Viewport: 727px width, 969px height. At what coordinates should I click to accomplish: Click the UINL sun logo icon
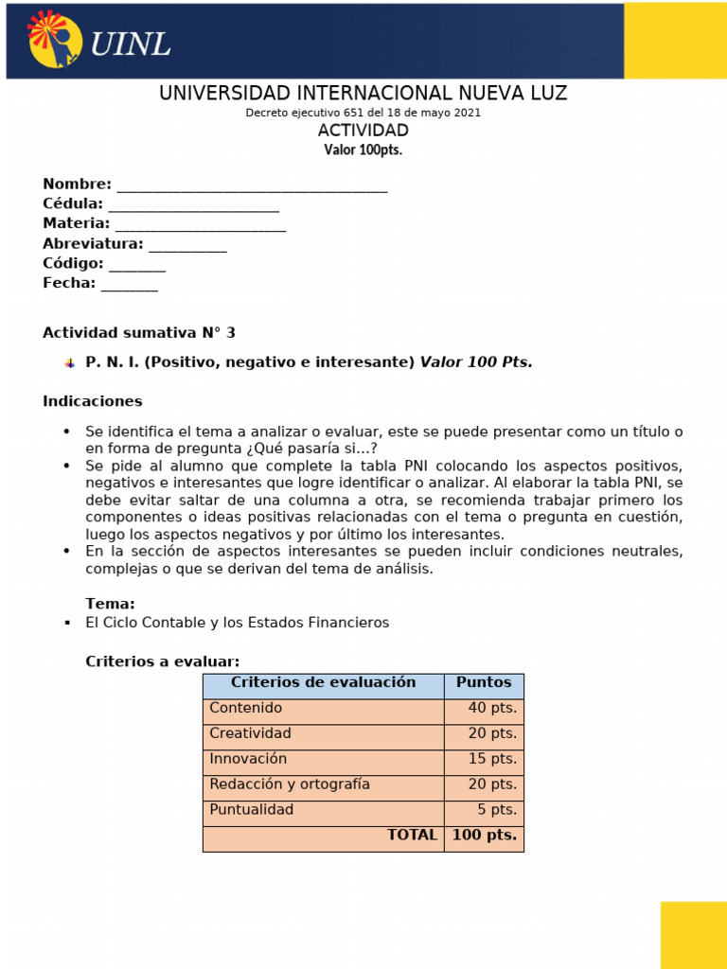tap(55, 40)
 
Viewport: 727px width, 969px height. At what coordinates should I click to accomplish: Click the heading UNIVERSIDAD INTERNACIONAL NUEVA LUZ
tap(363, 93)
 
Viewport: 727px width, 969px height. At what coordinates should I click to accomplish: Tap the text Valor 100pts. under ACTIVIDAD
tap(363, 150)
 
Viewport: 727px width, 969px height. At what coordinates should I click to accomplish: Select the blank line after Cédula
tap(193, 205)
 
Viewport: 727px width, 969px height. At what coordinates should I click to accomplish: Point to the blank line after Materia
tap(200, 225)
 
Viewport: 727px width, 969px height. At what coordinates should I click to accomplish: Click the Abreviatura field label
tap(93, 244)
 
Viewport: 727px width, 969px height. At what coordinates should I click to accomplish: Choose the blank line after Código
tap(137, 265)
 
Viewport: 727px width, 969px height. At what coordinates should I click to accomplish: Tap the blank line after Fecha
tap(130, 284)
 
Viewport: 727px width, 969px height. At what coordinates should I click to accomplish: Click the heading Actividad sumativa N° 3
tap(139, 333)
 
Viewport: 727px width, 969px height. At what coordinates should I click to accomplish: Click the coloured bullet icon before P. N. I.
tap(69, 363)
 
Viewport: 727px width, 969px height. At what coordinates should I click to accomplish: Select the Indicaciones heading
tap(93, 401)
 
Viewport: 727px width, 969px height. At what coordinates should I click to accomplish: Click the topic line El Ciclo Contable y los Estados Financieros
tap(237, 623)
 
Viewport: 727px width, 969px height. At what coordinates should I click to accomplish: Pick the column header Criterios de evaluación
tap(323, 683)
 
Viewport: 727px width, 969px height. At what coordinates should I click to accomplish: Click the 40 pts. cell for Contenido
tap(484, 709)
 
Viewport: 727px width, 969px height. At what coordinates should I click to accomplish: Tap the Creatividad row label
tap(251, 734)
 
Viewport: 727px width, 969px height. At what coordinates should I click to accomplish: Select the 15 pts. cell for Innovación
tap(484, 760)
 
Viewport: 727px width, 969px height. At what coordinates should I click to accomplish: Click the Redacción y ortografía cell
tap(290, 785)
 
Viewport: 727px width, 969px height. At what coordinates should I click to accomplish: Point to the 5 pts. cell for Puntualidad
tap(484, 811)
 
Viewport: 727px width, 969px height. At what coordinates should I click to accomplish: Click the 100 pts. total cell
tap(484, 837)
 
